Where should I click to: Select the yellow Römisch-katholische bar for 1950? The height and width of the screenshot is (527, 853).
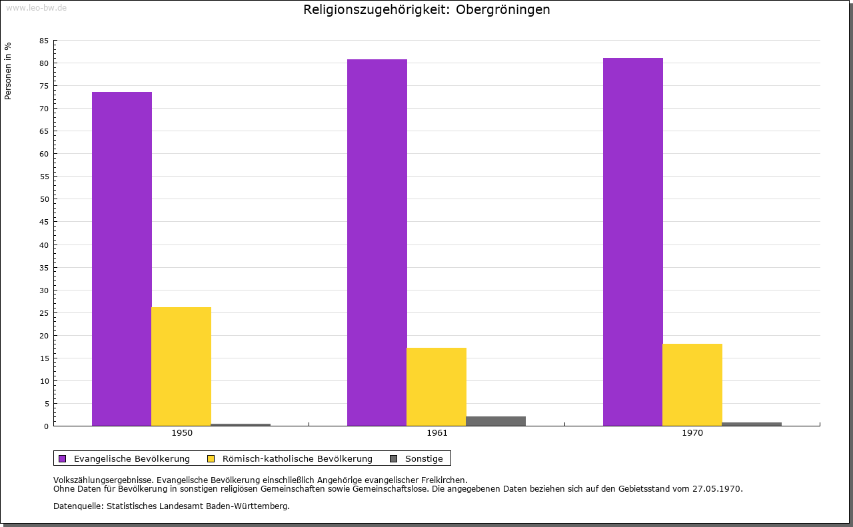[181, 366]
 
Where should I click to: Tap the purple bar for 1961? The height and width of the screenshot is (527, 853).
[377, 243]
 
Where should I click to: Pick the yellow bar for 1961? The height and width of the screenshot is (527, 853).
[436, 386]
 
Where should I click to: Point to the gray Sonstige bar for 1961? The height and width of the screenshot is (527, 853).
[496, 421]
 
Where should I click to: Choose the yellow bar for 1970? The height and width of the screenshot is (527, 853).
[692, 384]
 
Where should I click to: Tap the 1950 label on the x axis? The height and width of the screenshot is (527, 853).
[182, 433]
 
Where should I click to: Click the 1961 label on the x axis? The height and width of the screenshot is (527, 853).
[437, 433]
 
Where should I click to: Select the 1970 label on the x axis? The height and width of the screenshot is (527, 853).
[692, 433]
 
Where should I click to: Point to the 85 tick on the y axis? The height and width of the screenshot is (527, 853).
[44, 41]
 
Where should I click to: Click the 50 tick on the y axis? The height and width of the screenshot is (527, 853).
[44, 199]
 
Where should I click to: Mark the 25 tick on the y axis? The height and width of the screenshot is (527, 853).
[44, 312]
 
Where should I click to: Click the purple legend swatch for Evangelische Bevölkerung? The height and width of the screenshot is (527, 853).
[63, 458]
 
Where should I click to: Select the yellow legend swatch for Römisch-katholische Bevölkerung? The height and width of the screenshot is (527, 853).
[211, 458]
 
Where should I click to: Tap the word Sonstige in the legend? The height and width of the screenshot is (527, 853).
[424, 458]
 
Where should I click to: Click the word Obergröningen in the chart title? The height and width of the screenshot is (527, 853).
[503, 10]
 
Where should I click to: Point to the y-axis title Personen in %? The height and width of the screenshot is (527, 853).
[8, 71]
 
